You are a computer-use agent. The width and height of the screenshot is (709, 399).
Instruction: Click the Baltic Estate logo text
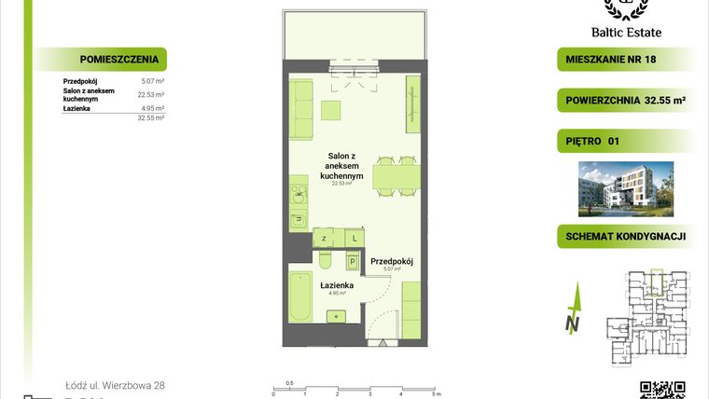pos(632,32)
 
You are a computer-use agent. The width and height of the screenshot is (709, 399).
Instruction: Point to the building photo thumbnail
pos(625,187)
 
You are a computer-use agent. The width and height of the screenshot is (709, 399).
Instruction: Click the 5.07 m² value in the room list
pos(151,81)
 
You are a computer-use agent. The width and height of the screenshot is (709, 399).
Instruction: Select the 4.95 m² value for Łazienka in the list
pos(151,108)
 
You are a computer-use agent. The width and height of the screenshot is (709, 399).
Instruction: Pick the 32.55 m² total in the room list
pos(151,118)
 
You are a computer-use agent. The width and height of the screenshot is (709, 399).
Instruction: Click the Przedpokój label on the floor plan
pos(392,262)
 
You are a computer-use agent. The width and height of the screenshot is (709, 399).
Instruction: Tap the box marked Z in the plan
pos(323,239)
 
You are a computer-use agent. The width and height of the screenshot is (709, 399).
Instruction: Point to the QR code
pos(663,390)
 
